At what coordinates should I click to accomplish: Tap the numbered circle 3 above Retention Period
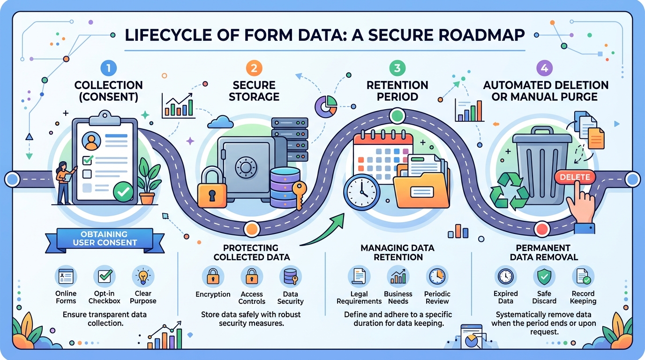coord(397,68)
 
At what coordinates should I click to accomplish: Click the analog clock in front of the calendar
coord(361,193)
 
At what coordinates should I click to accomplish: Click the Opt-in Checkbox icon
coord(105,277)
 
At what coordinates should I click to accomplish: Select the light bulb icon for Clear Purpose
coord(142,277)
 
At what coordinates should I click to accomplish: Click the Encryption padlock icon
coord(213,277)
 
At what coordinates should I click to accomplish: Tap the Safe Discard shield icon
coord(544,277)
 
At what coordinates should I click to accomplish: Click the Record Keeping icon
coord(583,277)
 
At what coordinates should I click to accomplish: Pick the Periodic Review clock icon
coord(437,277)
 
